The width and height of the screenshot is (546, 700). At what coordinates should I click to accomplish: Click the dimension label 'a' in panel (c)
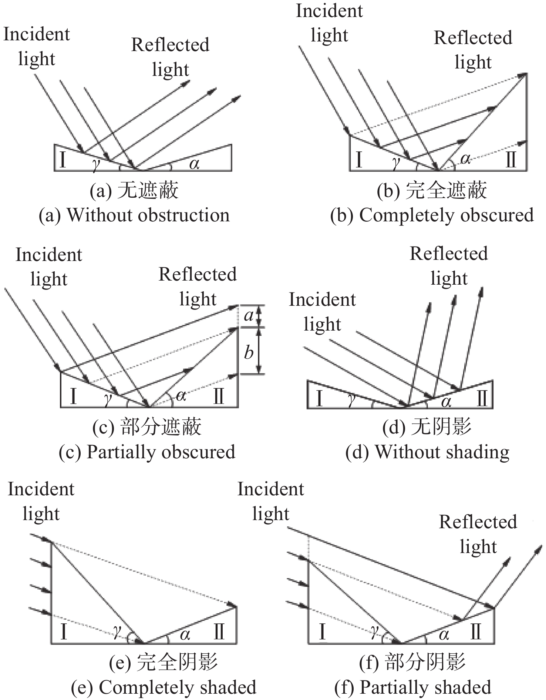[x=249, y=315]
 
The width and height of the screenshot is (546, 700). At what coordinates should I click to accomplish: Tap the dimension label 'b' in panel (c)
[x=249, y=352]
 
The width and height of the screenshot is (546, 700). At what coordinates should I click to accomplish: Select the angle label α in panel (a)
[x=194, y=163]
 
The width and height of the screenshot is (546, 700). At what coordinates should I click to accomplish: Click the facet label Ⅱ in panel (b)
[x=511, y=160]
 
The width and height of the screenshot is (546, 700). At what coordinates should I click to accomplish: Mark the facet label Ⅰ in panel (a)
[x=63, y=161]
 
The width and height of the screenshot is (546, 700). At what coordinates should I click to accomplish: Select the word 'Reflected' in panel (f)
[x=478, y=522]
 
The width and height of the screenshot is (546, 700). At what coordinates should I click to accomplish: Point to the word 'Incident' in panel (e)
[x=41, y=489]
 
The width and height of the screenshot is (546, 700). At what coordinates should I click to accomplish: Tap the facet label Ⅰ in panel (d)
[x=319, y=399]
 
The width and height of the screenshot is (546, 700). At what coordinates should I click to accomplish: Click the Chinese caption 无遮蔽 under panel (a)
[x=148, y=191]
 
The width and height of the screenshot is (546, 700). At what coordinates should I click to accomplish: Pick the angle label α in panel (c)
[x=181, y=396]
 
